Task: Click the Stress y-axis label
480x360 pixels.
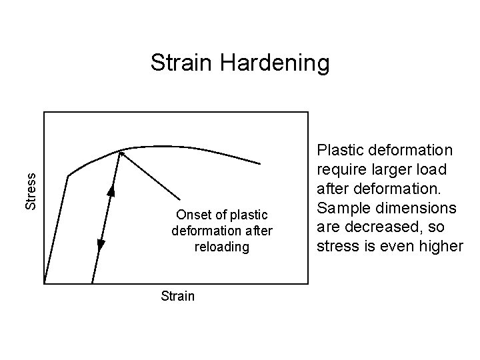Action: [x=31, y=191]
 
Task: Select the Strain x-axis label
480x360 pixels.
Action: [x=178, y=295]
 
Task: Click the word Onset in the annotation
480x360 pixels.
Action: [x=193, y=215]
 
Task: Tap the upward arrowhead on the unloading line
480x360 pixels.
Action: [x=111, y=190]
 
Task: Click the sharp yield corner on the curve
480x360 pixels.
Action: [x=68, y=177]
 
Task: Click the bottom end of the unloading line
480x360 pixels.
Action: [x=92, y=283]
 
